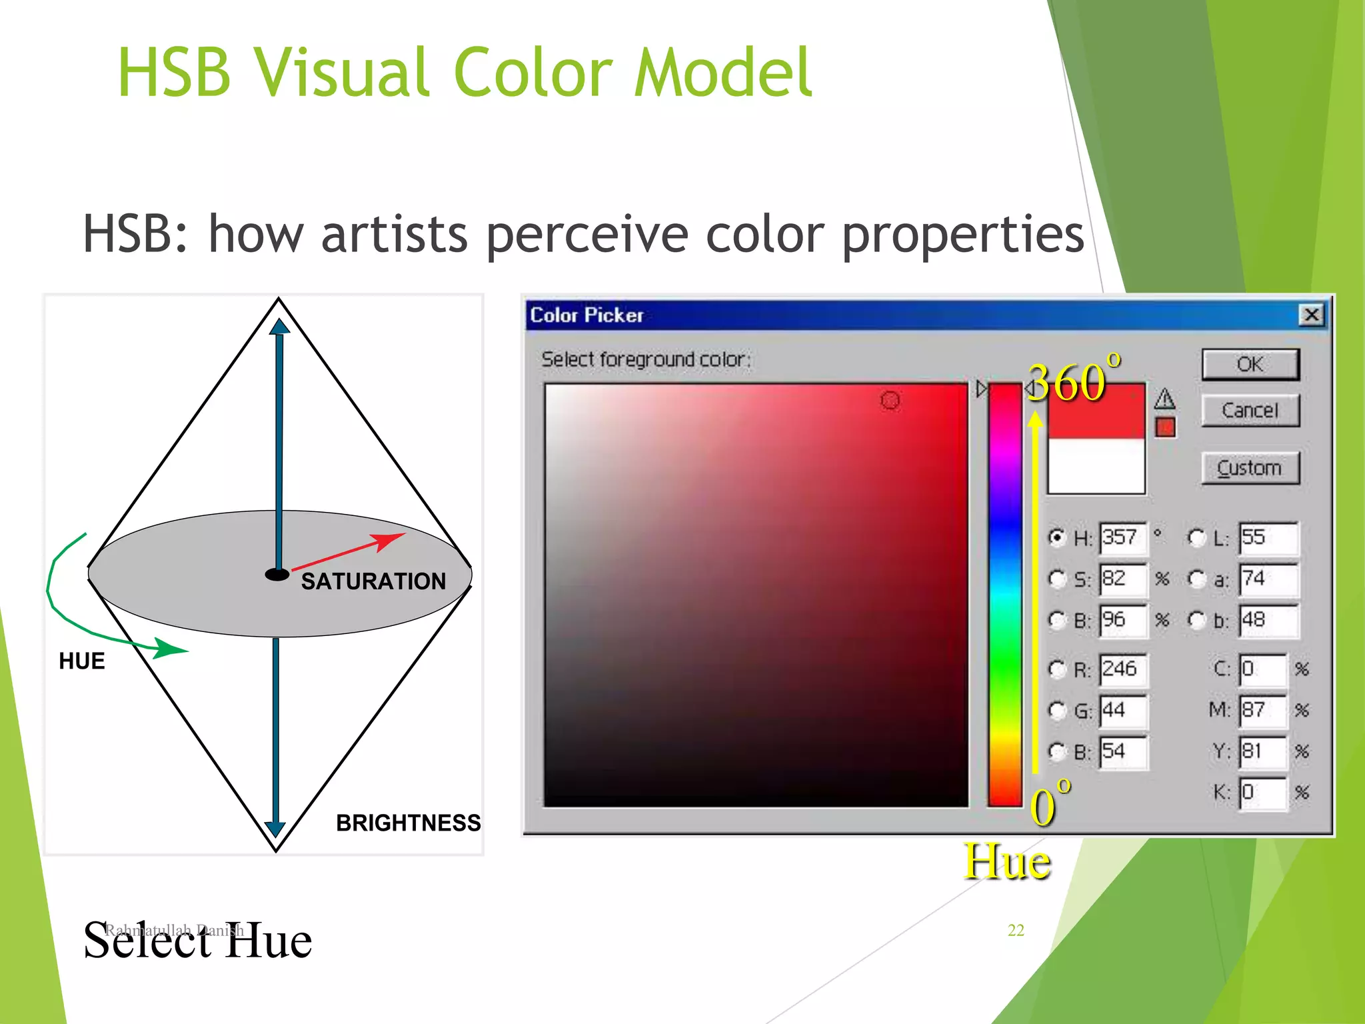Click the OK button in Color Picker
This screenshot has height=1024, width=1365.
1250,364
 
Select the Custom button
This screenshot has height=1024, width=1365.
1250,467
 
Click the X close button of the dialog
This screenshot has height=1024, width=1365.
1310,315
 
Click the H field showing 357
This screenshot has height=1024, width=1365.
1123,538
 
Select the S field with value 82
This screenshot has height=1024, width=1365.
1123,579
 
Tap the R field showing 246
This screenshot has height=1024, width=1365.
1123,669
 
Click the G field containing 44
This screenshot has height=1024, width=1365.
1123,710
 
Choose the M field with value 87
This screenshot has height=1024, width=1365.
1262,710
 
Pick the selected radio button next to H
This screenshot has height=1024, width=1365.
1057,537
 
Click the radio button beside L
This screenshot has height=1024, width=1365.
1197,537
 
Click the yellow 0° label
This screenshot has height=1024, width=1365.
1048,803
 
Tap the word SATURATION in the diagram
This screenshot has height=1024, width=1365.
373,581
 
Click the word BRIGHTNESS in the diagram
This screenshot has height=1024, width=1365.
408,823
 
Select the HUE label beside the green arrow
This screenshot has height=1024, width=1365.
82,661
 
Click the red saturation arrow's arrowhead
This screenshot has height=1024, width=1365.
389,540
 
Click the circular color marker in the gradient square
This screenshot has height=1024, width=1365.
890,400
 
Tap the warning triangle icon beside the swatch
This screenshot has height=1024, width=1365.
1164,399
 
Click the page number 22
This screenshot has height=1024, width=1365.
1015,930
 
